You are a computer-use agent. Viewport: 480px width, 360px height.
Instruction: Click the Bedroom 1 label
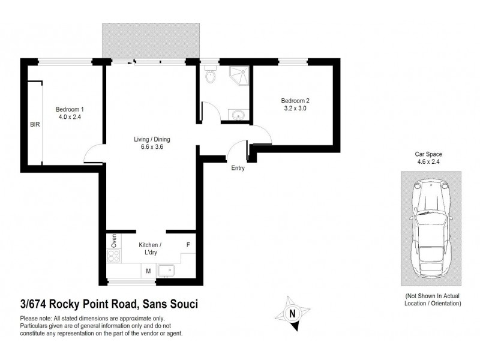click(x=70, y=109)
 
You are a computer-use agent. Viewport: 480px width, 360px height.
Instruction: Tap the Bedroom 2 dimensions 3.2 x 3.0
click(x=294, y=109)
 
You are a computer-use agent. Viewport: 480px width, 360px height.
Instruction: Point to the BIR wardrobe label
click(x=34, y=125)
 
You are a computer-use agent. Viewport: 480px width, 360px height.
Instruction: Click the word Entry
click(x=238, y=168)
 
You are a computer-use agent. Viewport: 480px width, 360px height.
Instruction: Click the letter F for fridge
click(x=188, y=245)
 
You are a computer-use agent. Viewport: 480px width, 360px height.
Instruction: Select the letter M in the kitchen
click(x=148, y=271)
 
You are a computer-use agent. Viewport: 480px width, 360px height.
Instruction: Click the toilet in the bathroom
click(x=209, y=76)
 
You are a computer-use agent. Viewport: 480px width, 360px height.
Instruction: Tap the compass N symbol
click(x=292, y=313)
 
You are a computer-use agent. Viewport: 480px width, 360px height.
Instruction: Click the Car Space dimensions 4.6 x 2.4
click(x=431, y=161)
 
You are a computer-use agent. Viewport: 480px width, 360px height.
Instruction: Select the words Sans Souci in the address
click(x=172, y=305)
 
